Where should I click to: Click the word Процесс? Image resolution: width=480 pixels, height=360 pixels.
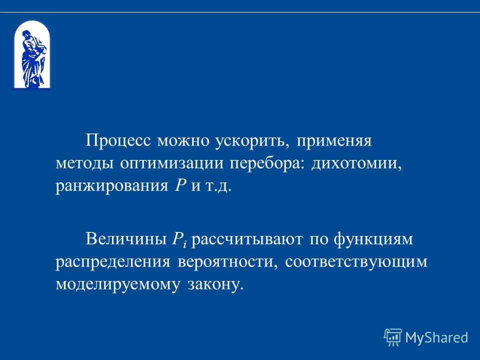pyautogui.click(x=118, y=141)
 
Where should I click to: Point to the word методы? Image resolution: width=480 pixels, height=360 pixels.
pyautogui.click(x=84, y=164)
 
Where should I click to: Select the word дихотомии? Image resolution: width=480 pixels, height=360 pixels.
pyautogui.click(x=356, y=164)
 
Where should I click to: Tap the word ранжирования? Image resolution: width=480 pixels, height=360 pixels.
pyautogui.click(x=111, y=186)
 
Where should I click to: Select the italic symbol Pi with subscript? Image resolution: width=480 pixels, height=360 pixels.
pyautogui.click(x=179, y=239)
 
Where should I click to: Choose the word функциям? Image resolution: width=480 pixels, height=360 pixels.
pyautogui.click(x=373, y=239)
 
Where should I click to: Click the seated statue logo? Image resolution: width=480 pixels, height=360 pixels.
pyautogui.click(x=31, y=55)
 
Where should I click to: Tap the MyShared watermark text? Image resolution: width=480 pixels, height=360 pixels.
pyautogui.click(x=436, y=337)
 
